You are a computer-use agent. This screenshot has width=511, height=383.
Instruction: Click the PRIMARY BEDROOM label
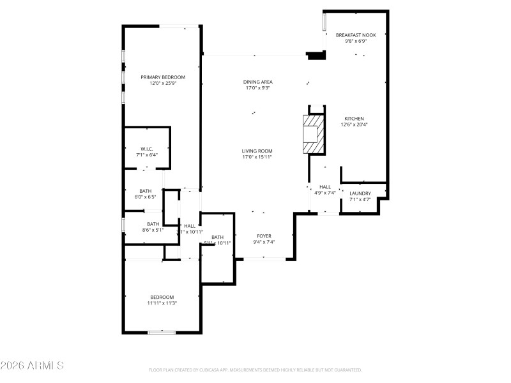click(163, 77)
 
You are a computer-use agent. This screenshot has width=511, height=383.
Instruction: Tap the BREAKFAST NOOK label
click(356, 35)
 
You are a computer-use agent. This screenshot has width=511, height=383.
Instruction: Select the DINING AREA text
click(257, 82)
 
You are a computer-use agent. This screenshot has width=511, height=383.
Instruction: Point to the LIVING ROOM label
click(257, 151)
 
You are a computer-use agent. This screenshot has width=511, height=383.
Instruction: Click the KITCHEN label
click(355, 119)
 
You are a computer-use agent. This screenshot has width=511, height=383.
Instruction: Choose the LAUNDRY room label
click(360, 193)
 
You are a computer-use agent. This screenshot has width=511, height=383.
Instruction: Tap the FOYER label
click(264, 236)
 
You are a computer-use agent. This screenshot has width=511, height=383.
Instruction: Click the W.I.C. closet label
click(146, 149)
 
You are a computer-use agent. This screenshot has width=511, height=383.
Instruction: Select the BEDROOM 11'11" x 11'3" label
click(162, 297)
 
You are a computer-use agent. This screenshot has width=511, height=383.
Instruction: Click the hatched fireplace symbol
click(312, 134)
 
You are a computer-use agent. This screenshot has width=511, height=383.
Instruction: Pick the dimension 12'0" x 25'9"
click(163, 84)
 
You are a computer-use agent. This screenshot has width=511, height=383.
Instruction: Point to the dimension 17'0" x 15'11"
click(257, 157)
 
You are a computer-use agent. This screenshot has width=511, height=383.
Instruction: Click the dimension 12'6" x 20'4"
click(355, 125)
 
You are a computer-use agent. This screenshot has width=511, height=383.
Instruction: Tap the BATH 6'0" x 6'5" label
click(146, 191)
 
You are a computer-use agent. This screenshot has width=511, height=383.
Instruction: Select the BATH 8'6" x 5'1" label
click(153, 224)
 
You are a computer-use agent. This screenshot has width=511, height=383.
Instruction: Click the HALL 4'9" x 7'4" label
click(325, 187)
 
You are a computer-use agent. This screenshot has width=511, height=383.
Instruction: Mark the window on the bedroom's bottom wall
click(162, 332)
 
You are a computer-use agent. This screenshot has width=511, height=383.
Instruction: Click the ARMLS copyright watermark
click(32, 366)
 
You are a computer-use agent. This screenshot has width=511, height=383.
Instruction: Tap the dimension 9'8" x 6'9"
click(356, 41)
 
